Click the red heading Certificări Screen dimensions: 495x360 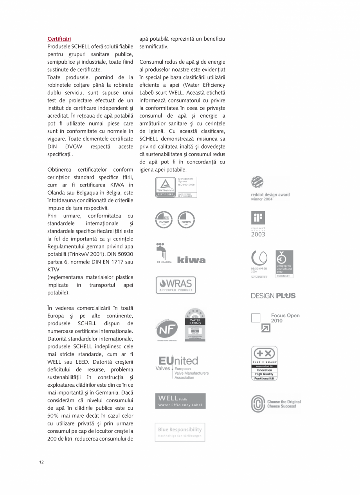click(59, 39)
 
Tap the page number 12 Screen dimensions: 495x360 click(41, 462)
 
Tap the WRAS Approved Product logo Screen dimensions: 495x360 click(176, 285)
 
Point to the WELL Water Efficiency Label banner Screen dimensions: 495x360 click(180, 401)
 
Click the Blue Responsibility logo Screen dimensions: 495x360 click(180, 432)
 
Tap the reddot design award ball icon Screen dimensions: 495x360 click(257, 183)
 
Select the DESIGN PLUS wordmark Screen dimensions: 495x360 click(273, 296)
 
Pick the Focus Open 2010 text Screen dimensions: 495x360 click(285, 318)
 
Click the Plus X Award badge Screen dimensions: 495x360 click(264, 363)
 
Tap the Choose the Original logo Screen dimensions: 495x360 click(276, 404)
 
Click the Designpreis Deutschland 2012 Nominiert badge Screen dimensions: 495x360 click(284, 264)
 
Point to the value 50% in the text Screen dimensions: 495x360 click(54, 416)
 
